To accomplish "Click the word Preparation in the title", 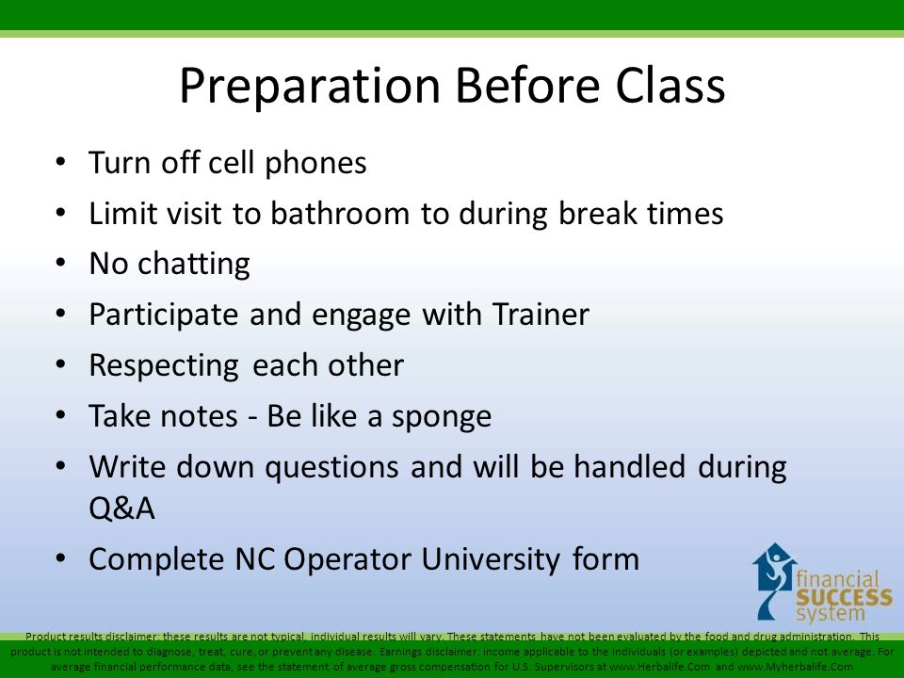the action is pos(310,87).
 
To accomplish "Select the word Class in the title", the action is pos(670,85).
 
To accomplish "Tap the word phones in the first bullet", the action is pos(315,164).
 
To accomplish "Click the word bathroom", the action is pos(340,213).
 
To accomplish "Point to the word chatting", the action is pos(194,265).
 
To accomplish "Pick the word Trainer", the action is pos(541,315).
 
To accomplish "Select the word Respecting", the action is pos(164,366).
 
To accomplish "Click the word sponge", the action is pos(442,417).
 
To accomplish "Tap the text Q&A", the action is pos(121,508).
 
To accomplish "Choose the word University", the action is pos(490,559).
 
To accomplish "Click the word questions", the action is pos(331,468).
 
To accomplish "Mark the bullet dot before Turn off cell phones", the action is pos(61,162).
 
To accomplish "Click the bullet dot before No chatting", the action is pos(61,263).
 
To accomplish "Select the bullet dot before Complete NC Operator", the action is pos(61,558).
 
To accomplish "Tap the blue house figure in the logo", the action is pos(774,579).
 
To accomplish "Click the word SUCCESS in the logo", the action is pos(844,597).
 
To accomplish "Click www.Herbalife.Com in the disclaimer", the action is pos(659,667).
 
